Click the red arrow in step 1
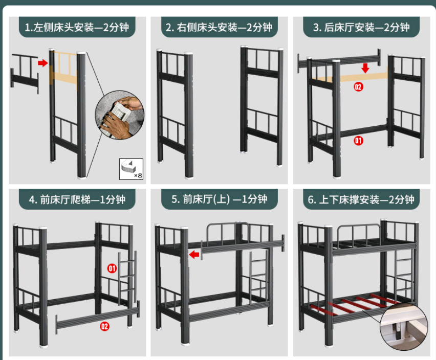click(x=43, y=63)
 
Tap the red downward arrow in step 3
click(x=365, y=68)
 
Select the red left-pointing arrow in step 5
click(x=194, y=254)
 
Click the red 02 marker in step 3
click(x=358, y=87)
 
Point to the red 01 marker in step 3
click(x=358, y=141)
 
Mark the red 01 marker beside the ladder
click(x=112, y=268)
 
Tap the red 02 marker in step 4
click(x=104, y=326)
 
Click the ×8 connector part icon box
click(x=131, y=169)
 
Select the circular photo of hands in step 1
click(x=120, y=115)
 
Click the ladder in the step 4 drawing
click(x=127, y=278)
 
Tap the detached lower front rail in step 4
click(x=97, y=317)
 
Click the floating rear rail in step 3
click(x=339, y=61)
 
